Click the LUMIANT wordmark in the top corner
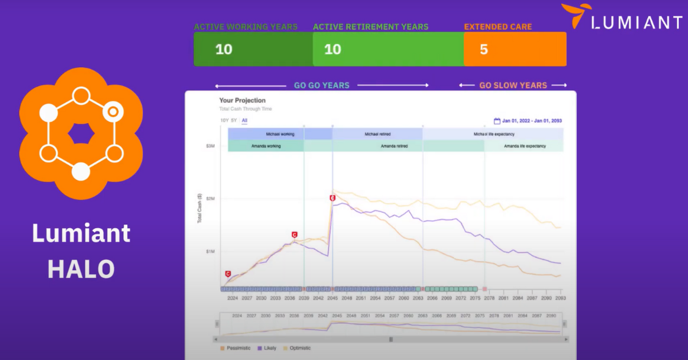point(636,22)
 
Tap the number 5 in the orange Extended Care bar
point(484,49)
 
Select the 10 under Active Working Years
point(224,49)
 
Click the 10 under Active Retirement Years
point(333,49)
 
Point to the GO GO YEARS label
point(322,85)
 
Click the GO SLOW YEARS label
point(513,85)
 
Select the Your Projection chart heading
point(243,100)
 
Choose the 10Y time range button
point(224,120)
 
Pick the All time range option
point(244,120)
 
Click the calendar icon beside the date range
point(497,121)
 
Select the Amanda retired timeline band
point(394,146)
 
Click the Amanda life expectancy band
point(525,146)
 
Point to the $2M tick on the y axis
point(210,198)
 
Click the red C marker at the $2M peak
point(333,198)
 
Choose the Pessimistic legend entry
point(236,348)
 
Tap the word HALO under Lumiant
point(81,268)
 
